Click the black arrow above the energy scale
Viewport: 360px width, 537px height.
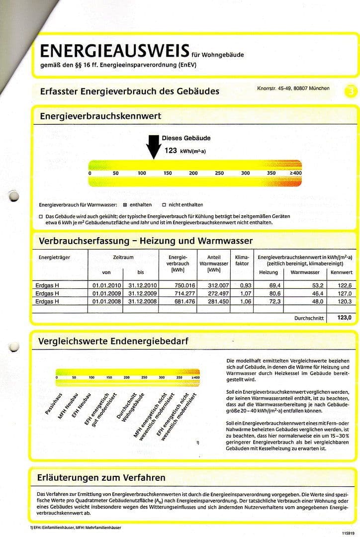(x=152, y=147)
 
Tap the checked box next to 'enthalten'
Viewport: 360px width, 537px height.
(x=125, y=205)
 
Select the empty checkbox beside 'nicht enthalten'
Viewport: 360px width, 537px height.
(x=164, y=205)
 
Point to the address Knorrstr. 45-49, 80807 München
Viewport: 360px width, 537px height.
(x=293, y=89)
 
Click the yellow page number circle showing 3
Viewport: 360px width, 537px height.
(x=351, y=91)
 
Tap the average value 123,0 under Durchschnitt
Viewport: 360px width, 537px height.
(x=344, y=318)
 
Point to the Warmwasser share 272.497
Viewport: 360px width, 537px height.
(x=217, y=293)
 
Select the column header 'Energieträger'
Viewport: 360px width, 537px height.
(x=55, y=257)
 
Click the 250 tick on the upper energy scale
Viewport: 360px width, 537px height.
(x=219, y=173)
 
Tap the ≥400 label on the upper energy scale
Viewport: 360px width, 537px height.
(x=295, y=173)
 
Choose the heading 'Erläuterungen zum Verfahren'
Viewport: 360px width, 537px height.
(x=101, y=478)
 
